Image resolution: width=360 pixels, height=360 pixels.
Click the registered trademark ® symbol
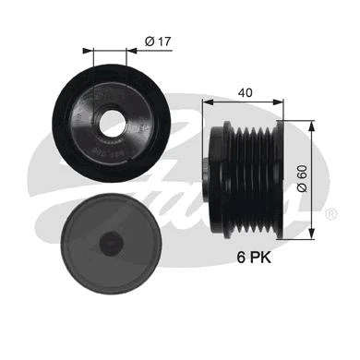coord(331,213)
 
